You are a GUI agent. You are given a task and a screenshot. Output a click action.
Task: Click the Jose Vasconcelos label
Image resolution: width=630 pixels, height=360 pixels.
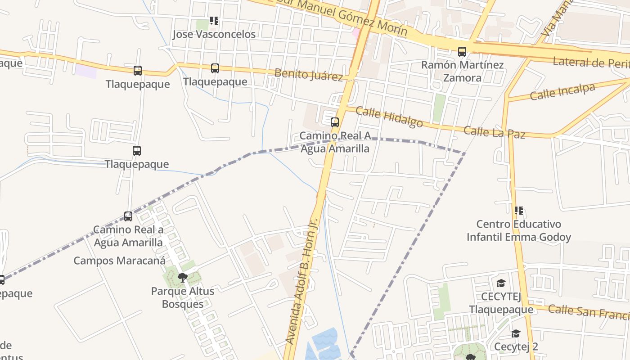pyautogui.click(x=214, y=34)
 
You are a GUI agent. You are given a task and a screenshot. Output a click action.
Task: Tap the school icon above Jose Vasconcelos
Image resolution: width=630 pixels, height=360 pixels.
pyautogui.click(x=214, y=21)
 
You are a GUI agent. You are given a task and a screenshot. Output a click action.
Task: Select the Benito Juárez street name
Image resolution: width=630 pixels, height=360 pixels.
pyautogui.click(x=309, y=74)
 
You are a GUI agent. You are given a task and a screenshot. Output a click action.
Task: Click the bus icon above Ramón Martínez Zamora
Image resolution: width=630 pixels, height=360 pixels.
pyautogui.click(x=462, y=51)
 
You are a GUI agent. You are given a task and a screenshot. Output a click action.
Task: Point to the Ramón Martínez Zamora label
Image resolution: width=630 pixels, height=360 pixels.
pyautogui.click(x=462, y=71)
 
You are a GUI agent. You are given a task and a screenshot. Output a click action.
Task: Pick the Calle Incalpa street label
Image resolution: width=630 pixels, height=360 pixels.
pyautogui.click(x=562, y=92)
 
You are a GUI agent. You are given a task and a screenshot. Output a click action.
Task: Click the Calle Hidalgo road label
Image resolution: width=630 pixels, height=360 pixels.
pyautogui.click(x=389, y=117)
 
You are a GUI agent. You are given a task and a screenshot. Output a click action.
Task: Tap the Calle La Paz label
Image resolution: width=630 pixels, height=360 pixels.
pyautogui.click(x=494, y=132)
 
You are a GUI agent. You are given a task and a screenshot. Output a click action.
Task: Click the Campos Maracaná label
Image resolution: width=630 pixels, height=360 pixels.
pyautogui.click(x=119, y=261)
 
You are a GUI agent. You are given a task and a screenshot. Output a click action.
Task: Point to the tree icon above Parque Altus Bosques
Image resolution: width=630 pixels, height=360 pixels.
pyautogui.click(x=182, y=277)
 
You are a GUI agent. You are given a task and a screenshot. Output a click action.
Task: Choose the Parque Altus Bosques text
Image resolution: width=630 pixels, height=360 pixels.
pyautogui.click(x=182, y=297)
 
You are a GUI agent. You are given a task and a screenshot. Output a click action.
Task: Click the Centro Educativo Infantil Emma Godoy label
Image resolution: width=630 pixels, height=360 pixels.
pyautogui.click(x=518, y=230)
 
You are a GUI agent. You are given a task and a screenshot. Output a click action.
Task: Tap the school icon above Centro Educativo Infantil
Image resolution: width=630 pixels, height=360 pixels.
pyautogui.click(x=518, y=210)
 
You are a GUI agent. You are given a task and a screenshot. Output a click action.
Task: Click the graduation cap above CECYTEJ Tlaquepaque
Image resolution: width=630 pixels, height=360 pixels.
pyautogui.click(x=501, y=283)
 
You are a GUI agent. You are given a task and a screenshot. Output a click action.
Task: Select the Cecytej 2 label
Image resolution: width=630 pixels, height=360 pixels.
pyautogui.click(x=516, y=346)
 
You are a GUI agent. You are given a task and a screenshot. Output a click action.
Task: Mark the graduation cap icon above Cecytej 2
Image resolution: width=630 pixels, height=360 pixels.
pyautogui.click(x=516, y=333)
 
